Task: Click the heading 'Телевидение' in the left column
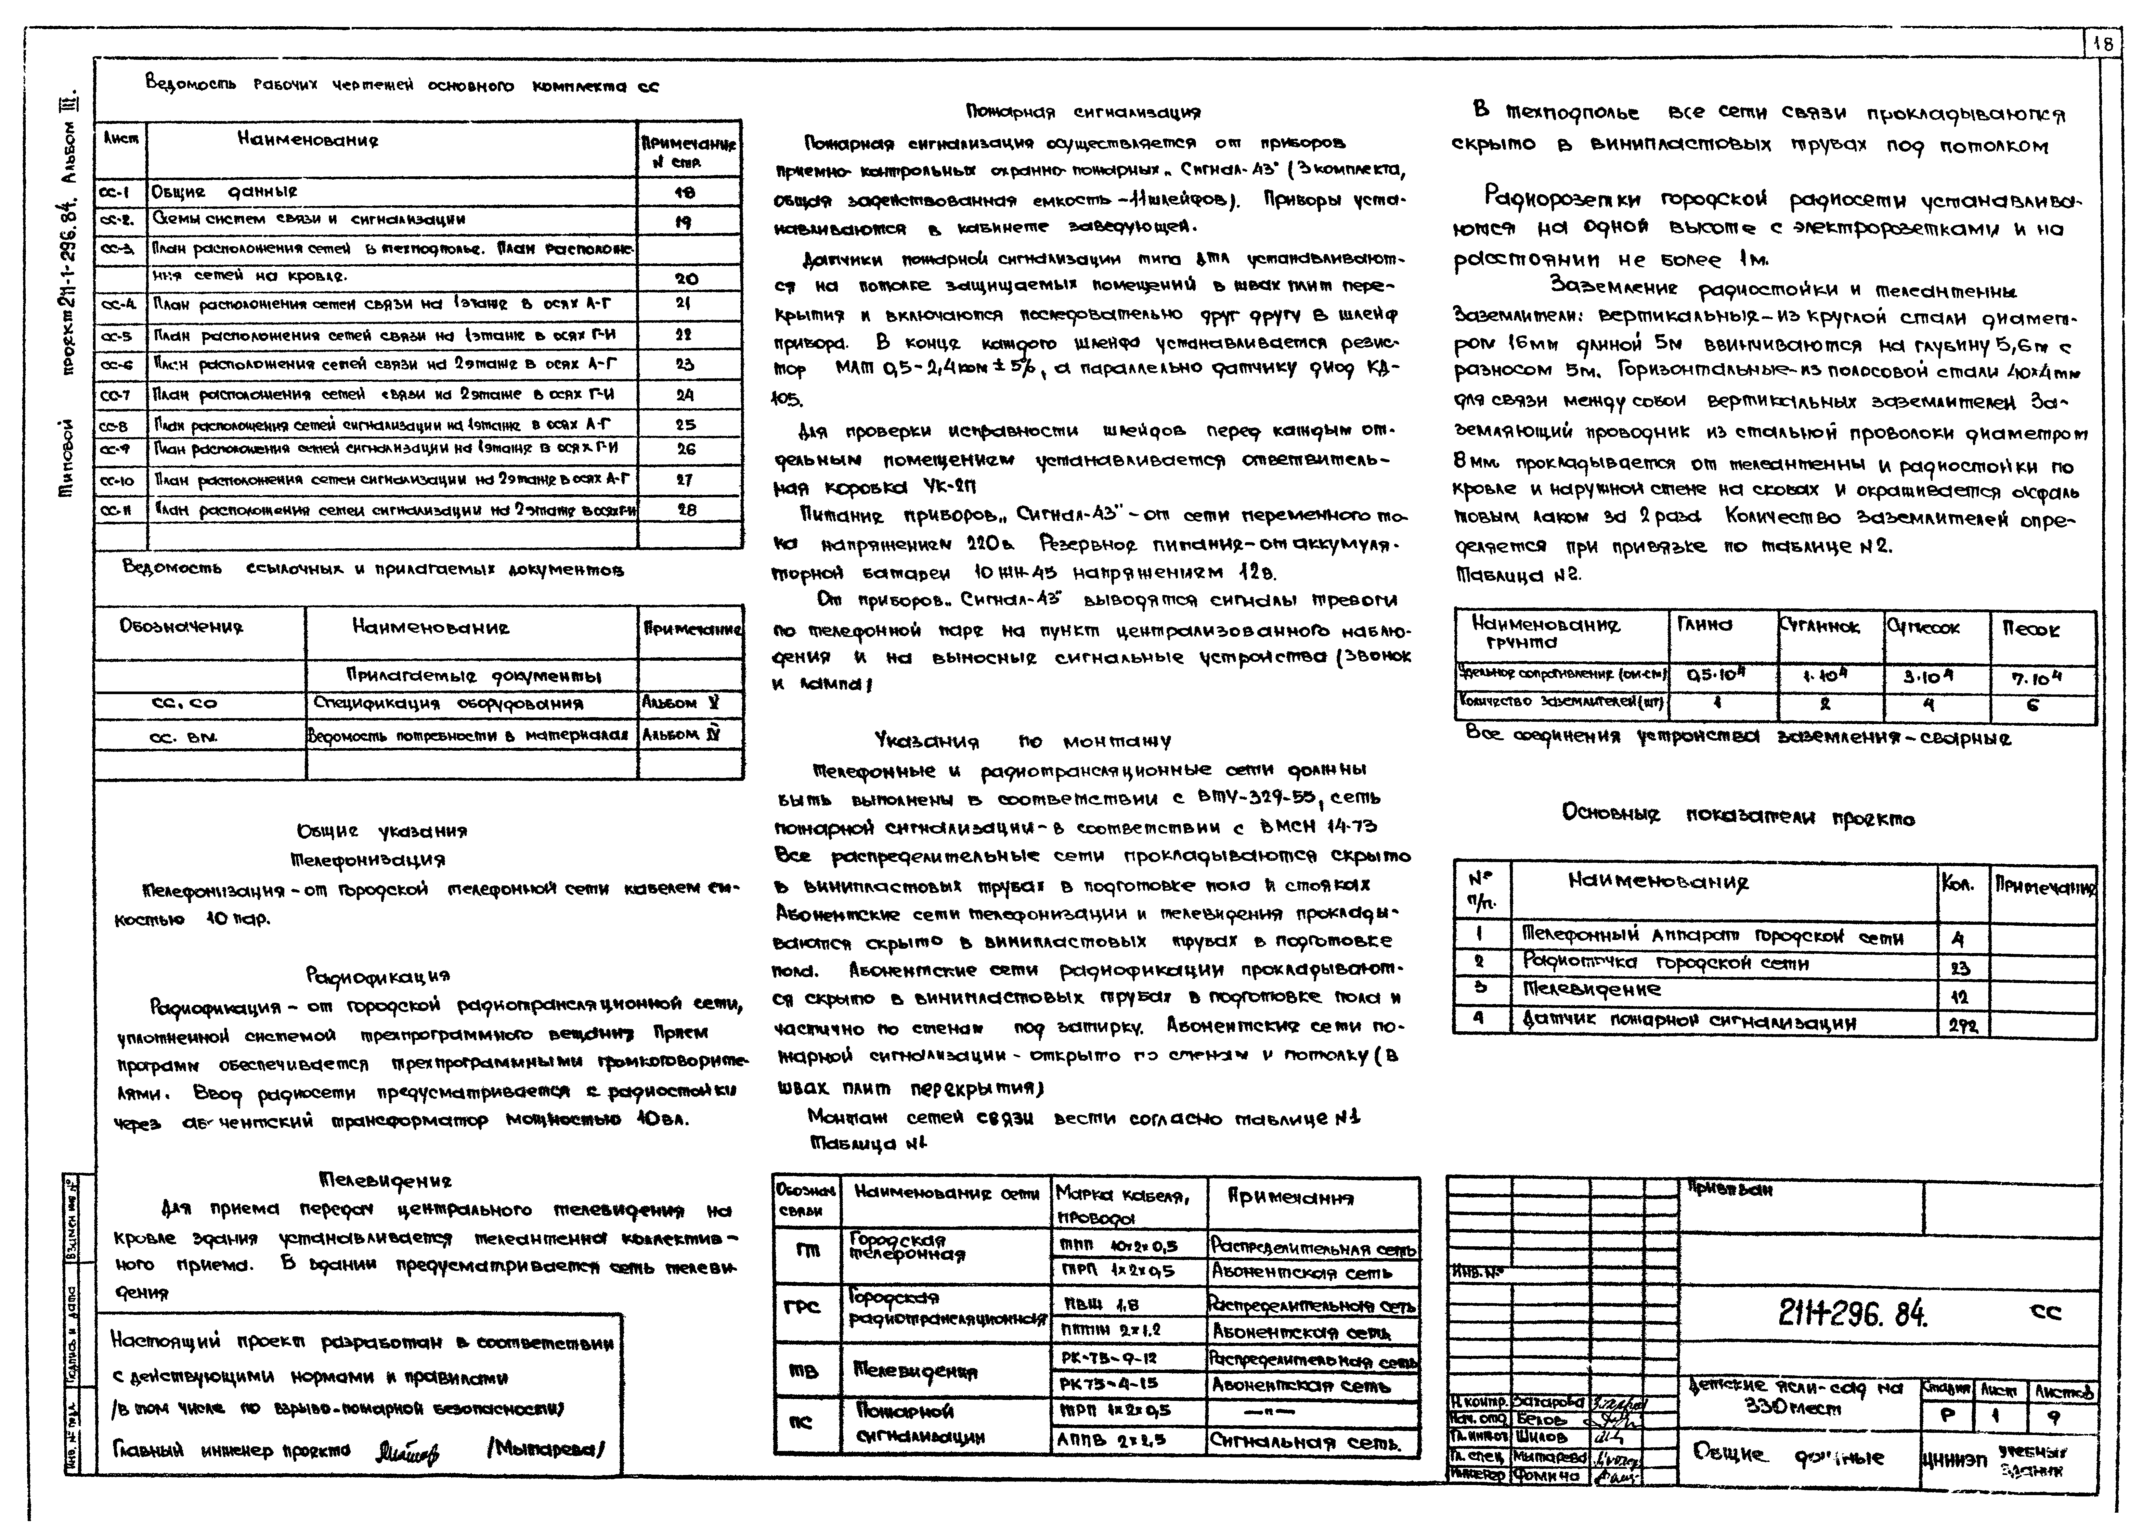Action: tap(385, 1180)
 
